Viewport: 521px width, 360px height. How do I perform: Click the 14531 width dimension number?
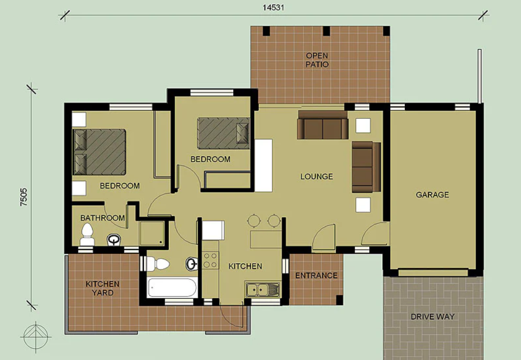273,7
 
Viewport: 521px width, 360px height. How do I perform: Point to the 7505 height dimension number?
24,197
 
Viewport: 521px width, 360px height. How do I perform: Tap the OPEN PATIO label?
317,60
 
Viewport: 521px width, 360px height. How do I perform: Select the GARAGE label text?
432,195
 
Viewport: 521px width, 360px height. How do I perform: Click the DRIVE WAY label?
432,317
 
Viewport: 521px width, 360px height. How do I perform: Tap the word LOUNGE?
316,176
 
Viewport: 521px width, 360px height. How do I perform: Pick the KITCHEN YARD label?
103,288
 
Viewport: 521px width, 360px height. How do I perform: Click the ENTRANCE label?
316,275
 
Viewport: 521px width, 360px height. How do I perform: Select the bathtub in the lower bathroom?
172,287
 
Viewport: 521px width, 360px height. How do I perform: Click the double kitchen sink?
263,289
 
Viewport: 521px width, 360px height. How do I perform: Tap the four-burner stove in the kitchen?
211,260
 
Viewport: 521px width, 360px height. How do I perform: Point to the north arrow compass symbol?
36,337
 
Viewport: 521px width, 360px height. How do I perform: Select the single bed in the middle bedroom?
223,133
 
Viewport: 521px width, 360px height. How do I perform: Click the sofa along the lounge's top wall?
323,125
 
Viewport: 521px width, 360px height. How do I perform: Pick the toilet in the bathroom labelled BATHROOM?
87,235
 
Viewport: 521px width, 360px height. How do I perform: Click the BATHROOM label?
103,218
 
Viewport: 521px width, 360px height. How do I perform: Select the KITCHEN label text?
245,266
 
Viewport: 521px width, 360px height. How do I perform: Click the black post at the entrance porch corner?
339,299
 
